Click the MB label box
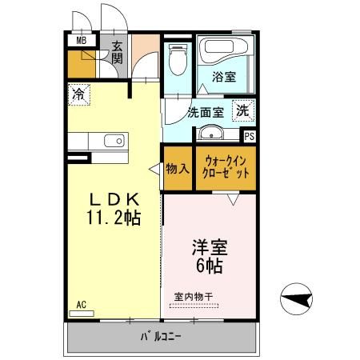(x=81, y=41)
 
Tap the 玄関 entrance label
(x=117, y=53)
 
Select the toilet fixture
(x=178, y=59)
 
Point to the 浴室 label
(x=223, y=77)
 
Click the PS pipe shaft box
(x=249, y=137)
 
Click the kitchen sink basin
(x=113, y=142)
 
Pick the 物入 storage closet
(x=177, y=169)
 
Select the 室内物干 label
(x=194, y=297)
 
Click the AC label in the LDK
(x=81, y=305)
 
